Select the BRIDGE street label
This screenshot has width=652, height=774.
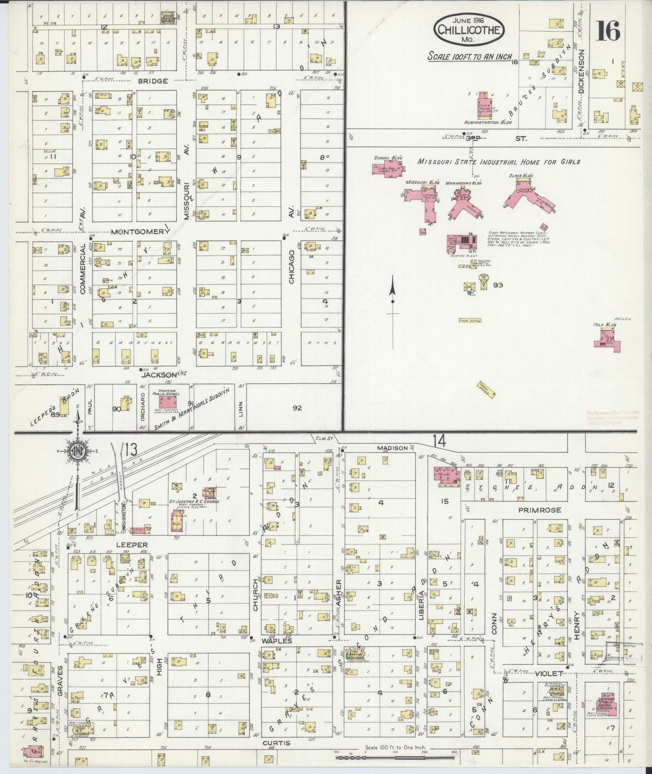[x=153, y=81]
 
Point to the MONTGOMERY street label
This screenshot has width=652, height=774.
[x=139, y=232]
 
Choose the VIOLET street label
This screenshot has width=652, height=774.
[x=549, y=673]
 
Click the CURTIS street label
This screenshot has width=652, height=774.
[x=276, y=743]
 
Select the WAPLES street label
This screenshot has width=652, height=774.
[x=276, y=641]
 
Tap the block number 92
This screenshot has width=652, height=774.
[x=296, y=408]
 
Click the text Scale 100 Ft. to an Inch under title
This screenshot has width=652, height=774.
[x=470, y=57]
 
